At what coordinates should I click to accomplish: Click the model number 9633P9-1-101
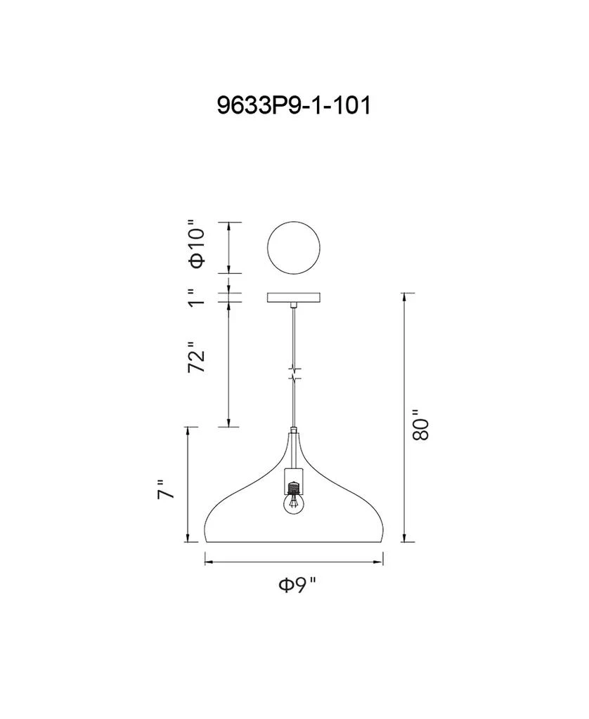(293, 106)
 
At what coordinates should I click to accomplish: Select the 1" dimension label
(196, 297)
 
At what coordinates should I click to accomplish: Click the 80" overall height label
(420, 425)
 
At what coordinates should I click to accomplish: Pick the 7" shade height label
(166, 489)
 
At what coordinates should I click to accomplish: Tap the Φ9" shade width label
(297, 585)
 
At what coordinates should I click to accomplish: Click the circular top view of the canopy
(294, 248)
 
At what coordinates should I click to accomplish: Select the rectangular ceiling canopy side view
(294, 298)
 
